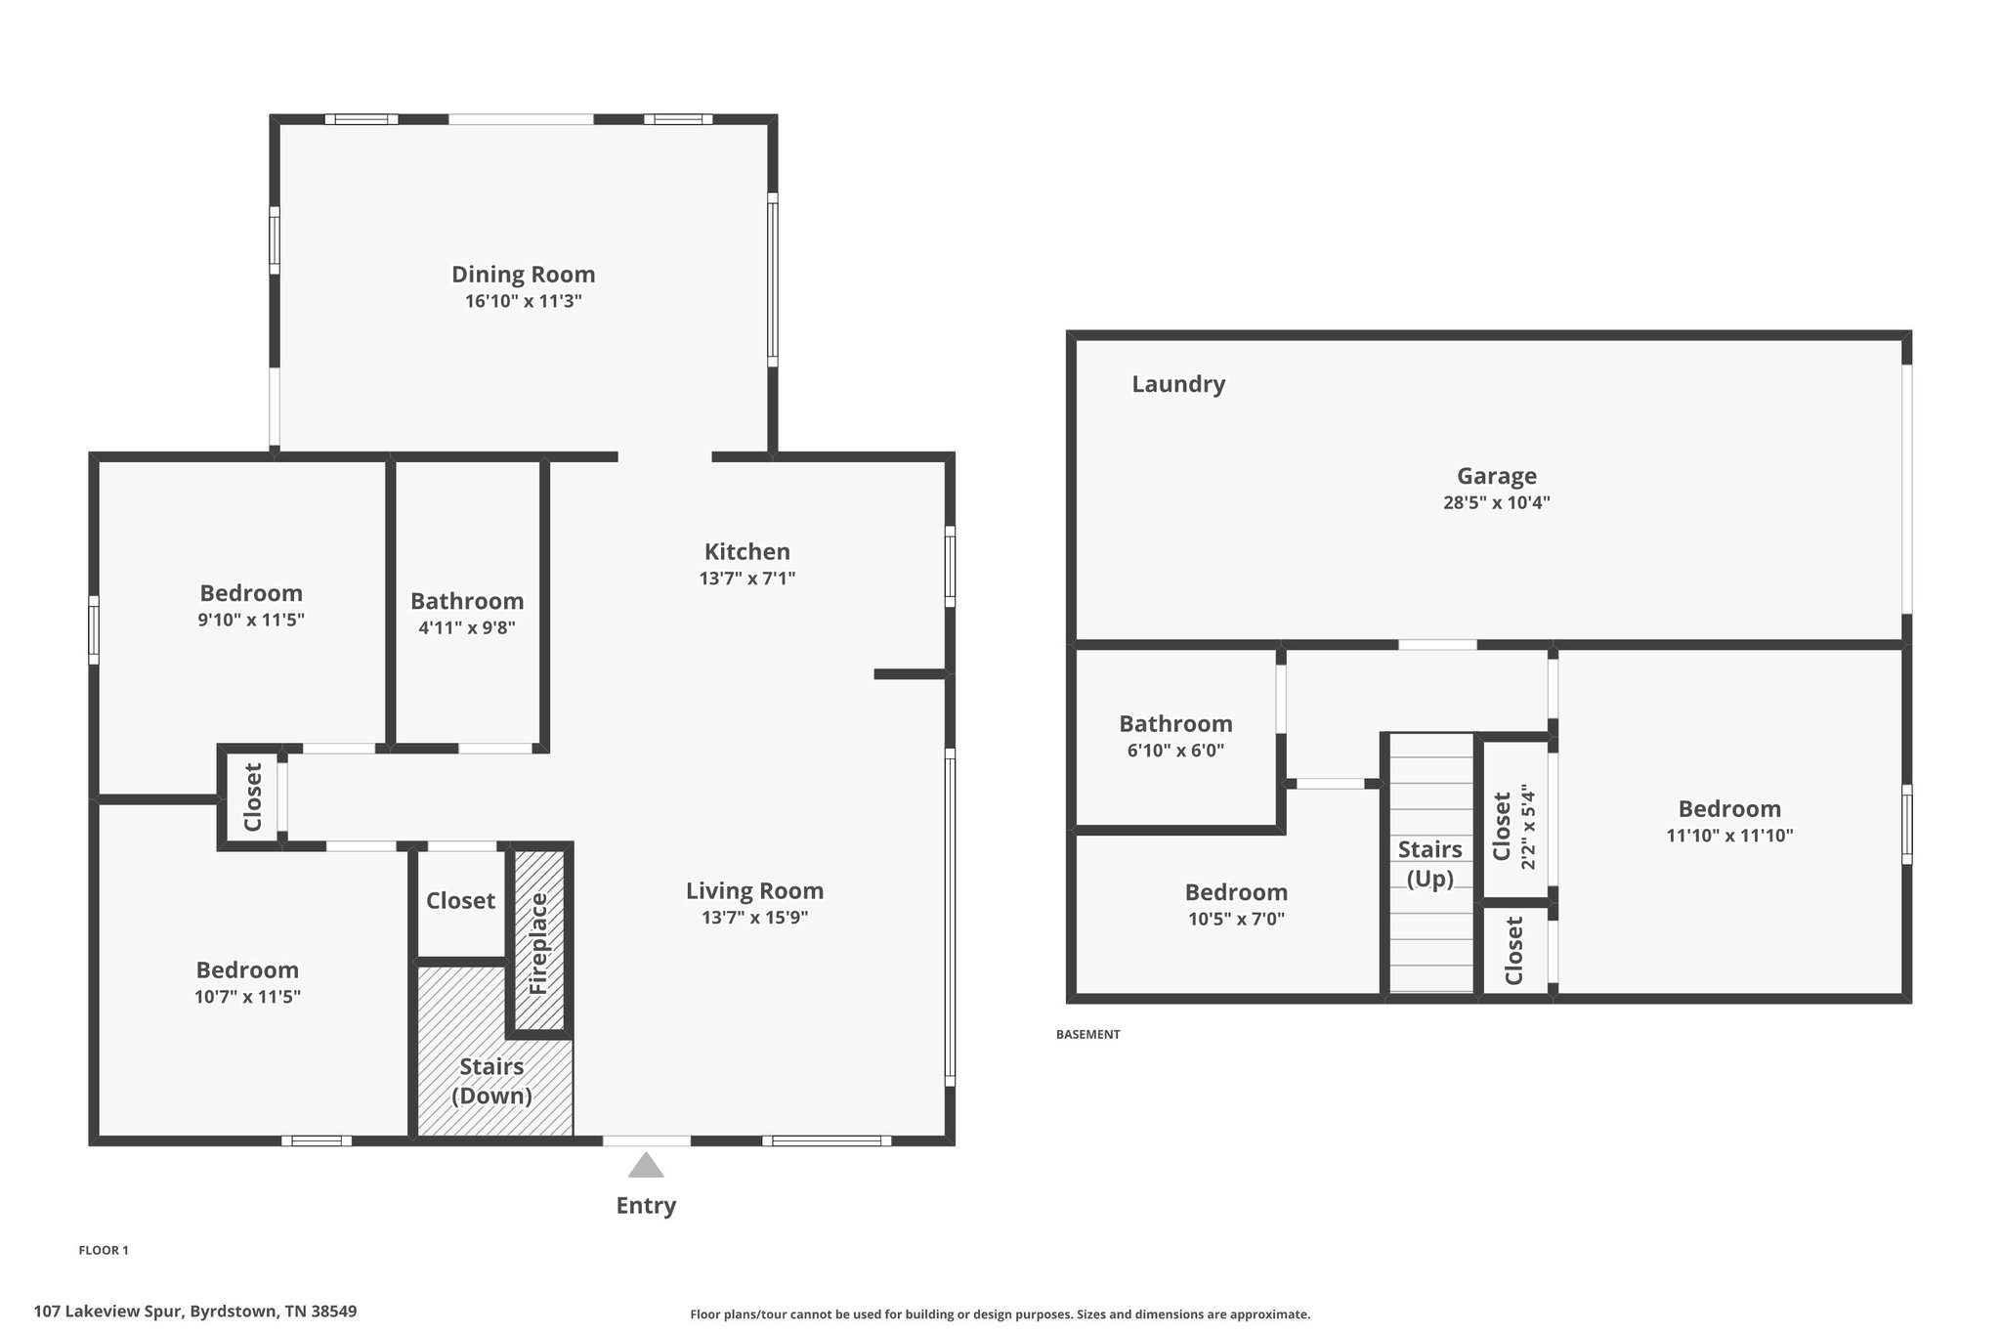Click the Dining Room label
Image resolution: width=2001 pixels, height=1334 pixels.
523,275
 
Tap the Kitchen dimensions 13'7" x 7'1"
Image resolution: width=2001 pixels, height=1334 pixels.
747,579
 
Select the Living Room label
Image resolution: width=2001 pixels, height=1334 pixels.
754,891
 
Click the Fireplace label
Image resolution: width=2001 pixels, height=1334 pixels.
538,944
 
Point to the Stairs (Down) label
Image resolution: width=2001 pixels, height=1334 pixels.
491,1081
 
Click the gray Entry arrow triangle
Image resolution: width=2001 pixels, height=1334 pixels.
646,1165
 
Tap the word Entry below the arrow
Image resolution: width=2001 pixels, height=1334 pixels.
646,1206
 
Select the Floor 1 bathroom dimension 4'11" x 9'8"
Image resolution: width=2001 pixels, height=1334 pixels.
467,628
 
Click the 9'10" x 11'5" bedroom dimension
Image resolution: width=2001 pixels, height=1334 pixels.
251,620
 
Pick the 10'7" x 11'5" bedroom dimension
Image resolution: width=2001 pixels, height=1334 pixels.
247,997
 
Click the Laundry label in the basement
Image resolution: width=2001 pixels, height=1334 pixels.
1178,384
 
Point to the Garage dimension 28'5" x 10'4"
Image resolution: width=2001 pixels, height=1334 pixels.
1497,503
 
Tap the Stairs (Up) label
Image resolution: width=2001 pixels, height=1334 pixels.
1429,864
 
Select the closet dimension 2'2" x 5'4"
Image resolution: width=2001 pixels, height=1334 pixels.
1528,827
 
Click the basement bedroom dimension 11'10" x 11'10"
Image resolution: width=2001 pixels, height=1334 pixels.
1729,836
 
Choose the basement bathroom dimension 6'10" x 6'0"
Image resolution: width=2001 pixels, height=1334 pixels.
1175,751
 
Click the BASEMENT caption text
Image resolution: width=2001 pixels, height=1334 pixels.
1087,1034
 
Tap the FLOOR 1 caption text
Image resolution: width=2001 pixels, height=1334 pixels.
104,1250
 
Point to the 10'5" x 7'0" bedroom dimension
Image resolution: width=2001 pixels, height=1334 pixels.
1236,919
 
